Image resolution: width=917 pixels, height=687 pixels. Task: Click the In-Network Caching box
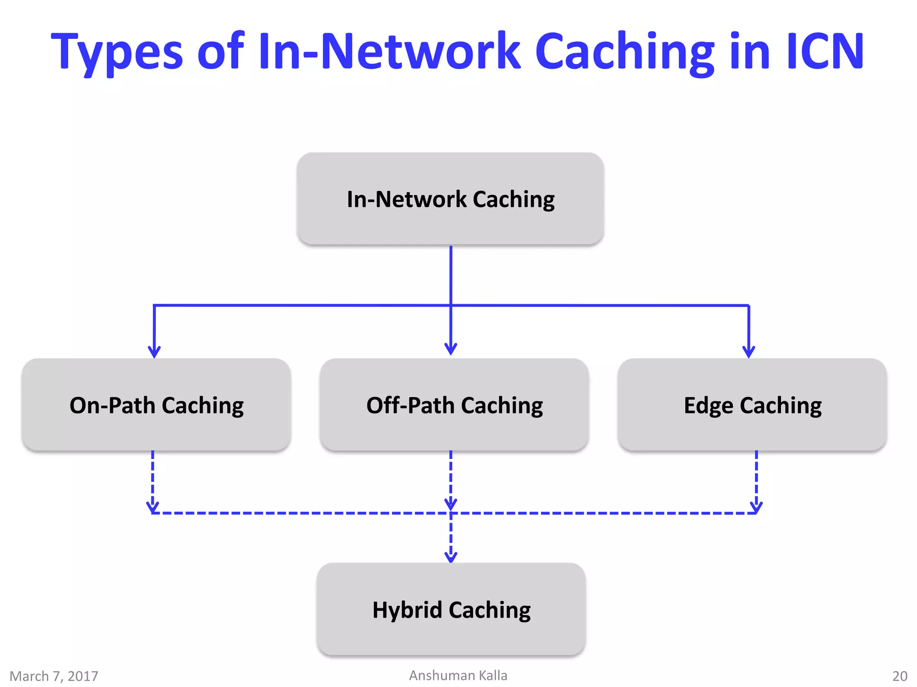[450, 199]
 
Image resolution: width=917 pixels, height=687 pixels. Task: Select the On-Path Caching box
[156, 405]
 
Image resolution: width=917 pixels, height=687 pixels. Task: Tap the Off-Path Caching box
[454, 405]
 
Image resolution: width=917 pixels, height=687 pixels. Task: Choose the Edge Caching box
[752, 405]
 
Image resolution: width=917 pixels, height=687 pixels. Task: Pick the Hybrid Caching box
[451, 609]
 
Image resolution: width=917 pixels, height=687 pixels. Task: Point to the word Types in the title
[117, 53]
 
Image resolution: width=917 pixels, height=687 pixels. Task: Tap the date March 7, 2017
[54, 676]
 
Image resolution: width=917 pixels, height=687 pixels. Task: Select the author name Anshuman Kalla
[458, 675]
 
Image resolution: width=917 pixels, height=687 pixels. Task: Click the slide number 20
[900, 676]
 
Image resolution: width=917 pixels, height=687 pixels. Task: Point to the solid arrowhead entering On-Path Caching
[154, 352]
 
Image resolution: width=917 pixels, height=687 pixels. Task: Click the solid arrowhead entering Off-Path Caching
[451, 349]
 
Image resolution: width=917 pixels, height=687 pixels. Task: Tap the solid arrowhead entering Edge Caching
[749, 352]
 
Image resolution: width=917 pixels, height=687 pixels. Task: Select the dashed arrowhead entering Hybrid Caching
[451, 557]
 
